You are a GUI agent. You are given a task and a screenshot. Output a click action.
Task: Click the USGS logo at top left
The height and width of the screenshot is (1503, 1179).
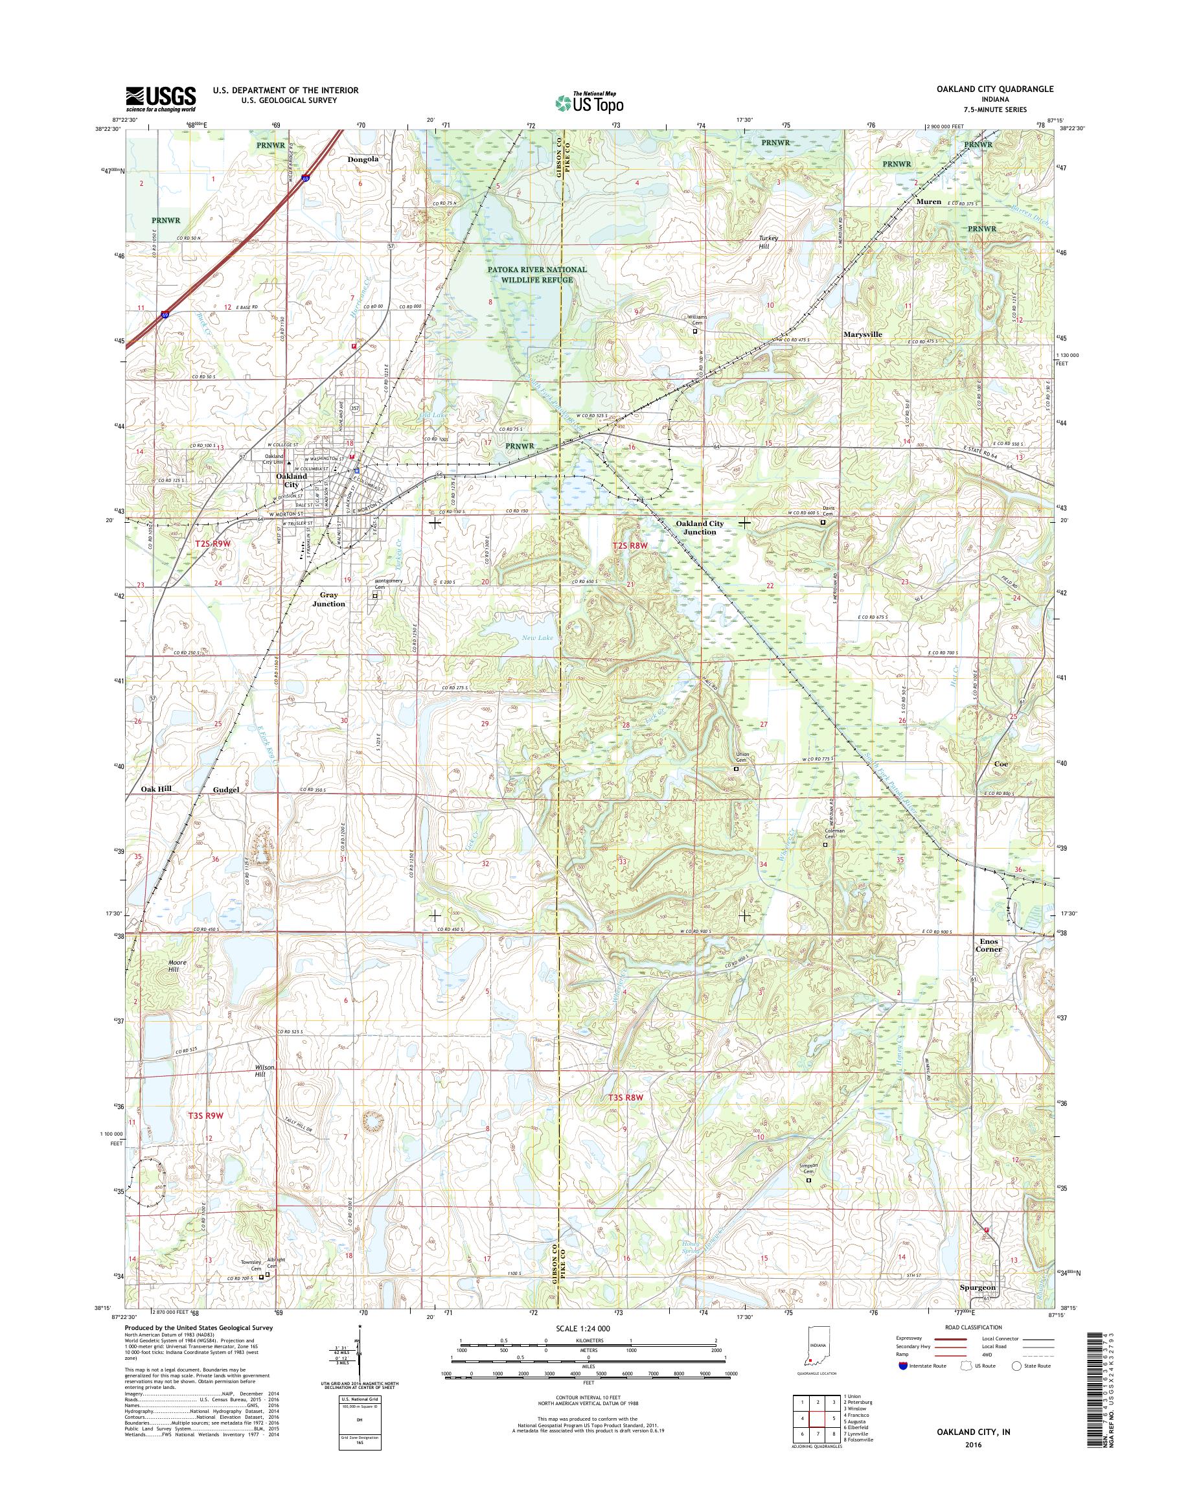pos(160,99)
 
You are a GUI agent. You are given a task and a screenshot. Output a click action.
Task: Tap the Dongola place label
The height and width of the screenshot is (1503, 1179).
pos(363,159)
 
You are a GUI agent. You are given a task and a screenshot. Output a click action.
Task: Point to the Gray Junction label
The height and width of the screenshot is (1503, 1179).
pos(328,599)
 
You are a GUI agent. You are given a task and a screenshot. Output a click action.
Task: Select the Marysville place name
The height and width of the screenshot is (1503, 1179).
pos(862,334)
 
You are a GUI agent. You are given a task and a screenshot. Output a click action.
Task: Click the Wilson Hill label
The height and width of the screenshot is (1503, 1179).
pos(265,1071)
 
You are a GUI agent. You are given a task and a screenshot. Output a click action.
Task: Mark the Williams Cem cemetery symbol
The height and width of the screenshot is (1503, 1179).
pos(695,332)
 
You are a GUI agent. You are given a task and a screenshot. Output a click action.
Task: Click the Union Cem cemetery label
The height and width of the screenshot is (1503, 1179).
pos(742,757)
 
